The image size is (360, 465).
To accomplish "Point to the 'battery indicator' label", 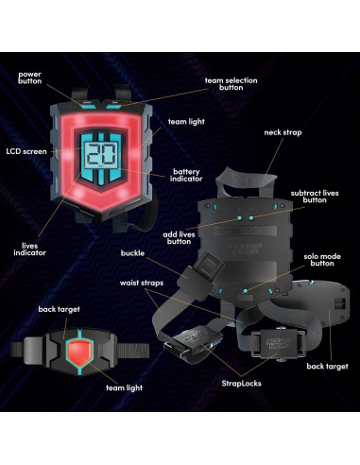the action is [185, 176].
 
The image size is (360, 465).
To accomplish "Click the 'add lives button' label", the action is [180, 237].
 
